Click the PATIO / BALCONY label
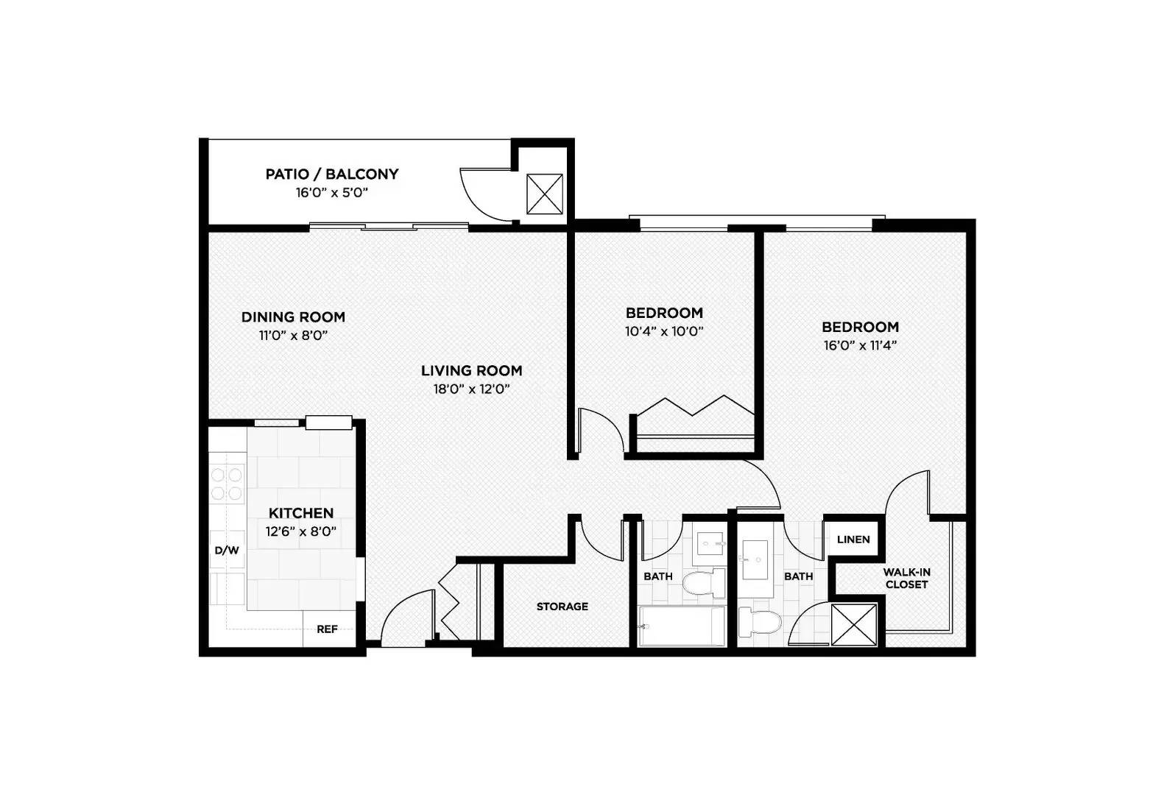point(331,174)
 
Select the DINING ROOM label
point(293,317)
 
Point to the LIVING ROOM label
point(471,371)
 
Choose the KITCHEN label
point(300,513)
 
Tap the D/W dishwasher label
point(226,550)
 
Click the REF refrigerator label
point(327,629)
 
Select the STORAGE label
point(562,607)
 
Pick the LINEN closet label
point(853,540)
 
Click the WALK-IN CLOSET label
point(906,579)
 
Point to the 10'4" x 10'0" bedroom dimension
point(664,332)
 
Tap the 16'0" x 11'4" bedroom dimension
point(860,346)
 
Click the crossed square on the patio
point(544,194)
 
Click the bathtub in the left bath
point(682,626)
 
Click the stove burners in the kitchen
point(227,484)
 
